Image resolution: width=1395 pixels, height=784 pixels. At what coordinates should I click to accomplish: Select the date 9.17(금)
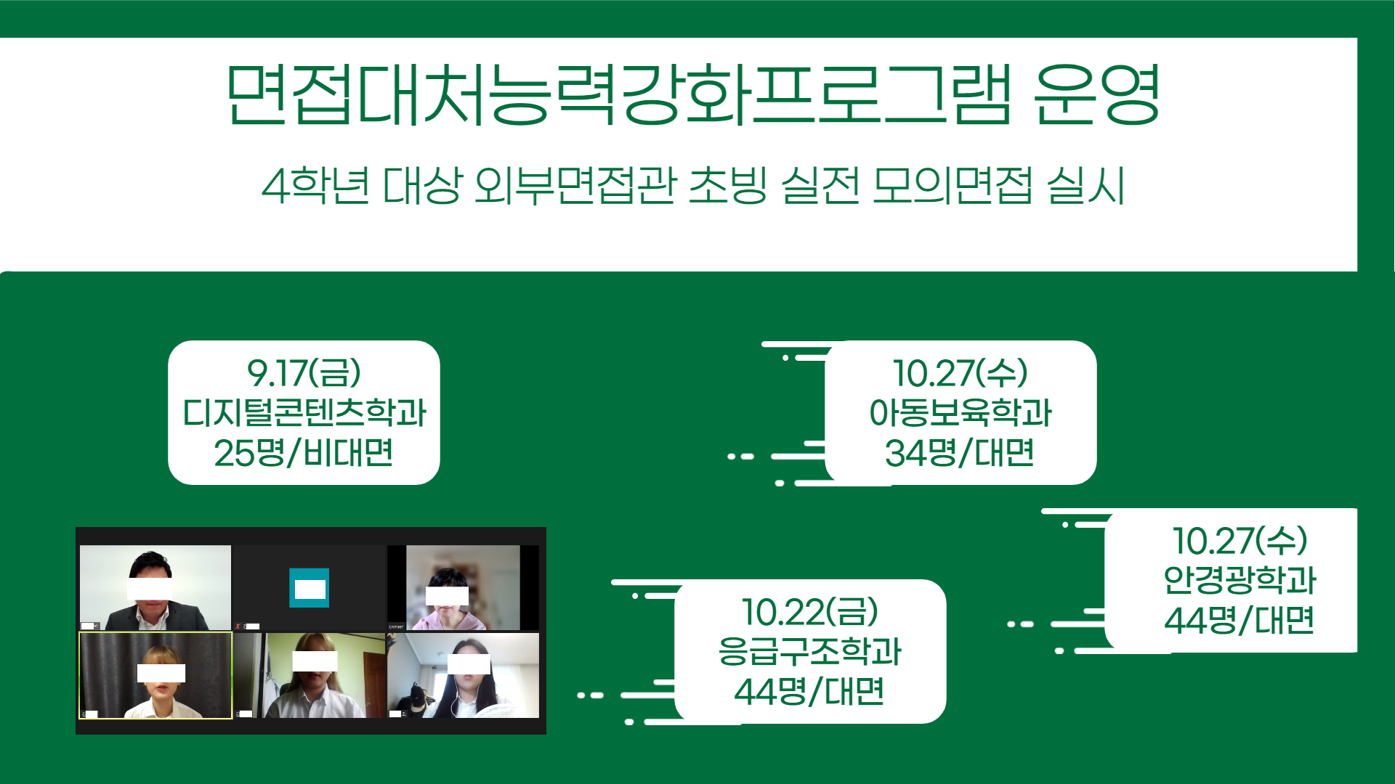tap(304, 373)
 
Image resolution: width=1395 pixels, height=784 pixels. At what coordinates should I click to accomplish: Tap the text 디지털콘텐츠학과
tap(304, 412)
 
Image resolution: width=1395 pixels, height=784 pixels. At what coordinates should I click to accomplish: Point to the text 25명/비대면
tap(304, 452)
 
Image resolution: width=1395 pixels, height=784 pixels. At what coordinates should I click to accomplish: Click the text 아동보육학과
tap(961, 412)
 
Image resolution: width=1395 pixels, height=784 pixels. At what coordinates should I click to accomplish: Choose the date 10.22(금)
tap(810, 612)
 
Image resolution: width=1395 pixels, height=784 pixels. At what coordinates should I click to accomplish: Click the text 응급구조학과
tap(810, 651)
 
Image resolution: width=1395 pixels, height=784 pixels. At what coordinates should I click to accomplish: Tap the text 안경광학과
tap(1240, 579)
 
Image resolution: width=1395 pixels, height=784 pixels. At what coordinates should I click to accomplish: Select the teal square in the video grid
tap(309, 588)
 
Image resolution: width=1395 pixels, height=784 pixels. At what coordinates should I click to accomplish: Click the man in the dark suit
tap(155, 592)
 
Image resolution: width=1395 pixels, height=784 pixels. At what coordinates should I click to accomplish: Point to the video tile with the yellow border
tap(155, 675)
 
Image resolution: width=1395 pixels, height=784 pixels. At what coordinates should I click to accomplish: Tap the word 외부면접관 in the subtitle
tap(575, 186)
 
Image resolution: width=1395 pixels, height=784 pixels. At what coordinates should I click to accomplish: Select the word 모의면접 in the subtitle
tap(952, 186)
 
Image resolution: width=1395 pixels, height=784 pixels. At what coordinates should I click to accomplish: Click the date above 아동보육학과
tap(961, 373)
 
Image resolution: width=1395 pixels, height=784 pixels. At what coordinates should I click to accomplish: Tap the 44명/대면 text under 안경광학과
tap(1240, 619)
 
